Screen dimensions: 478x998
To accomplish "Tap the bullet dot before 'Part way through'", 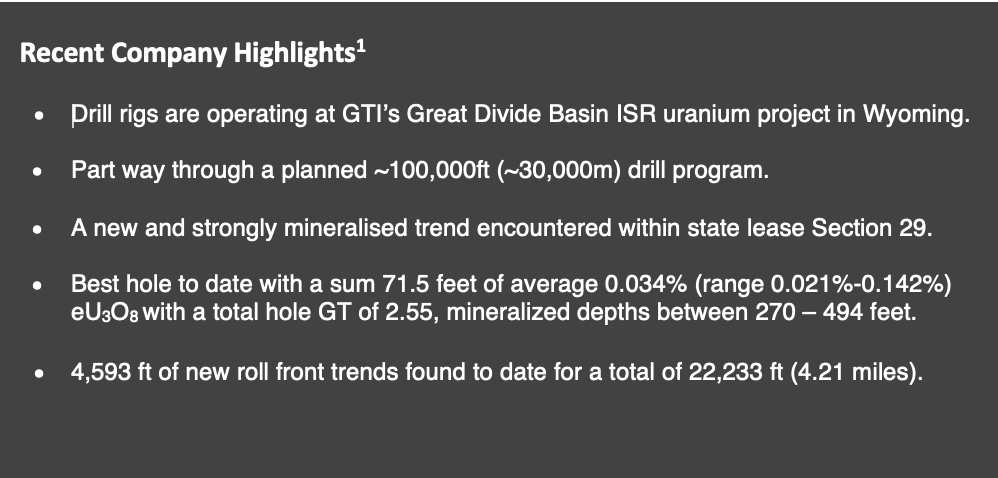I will [37, 172].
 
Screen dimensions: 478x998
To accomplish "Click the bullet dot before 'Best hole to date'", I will [37, 286].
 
